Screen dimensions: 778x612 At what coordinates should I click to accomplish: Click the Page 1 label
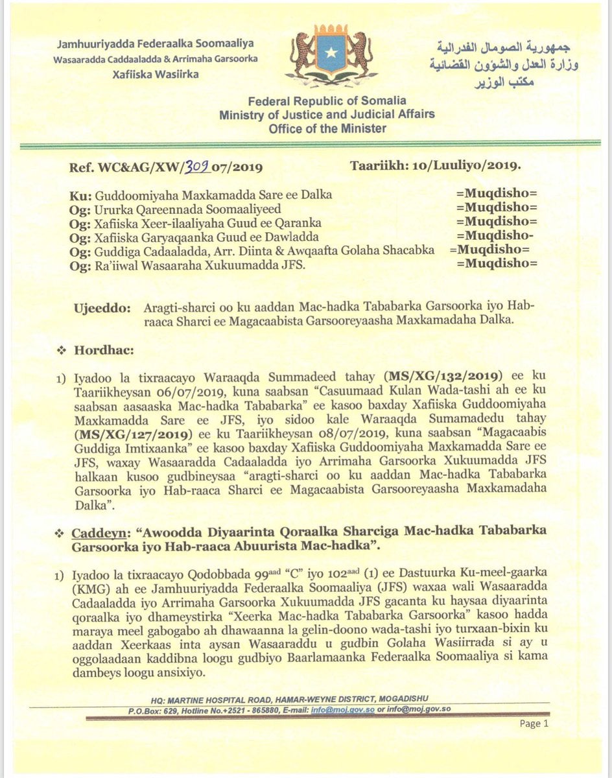click(x=534, y=724)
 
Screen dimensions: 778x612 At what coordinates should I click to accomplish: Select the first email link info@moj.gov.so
click(x=347, y=709)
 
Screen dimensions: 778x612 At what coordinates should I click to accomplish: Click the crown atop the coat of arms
click(x=333, y=29)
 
